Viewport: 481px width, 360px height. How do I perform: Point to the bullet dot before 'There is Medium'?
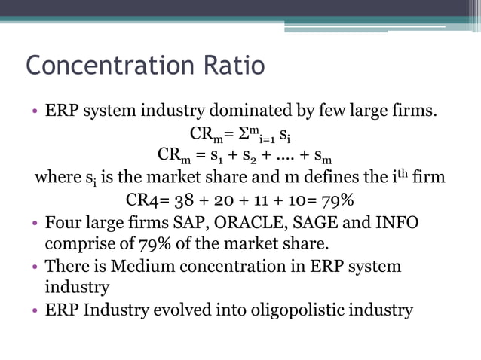tap(35, 267)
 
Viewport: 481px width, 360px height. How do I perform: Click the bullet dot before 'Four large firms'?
tap(35, 224)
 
